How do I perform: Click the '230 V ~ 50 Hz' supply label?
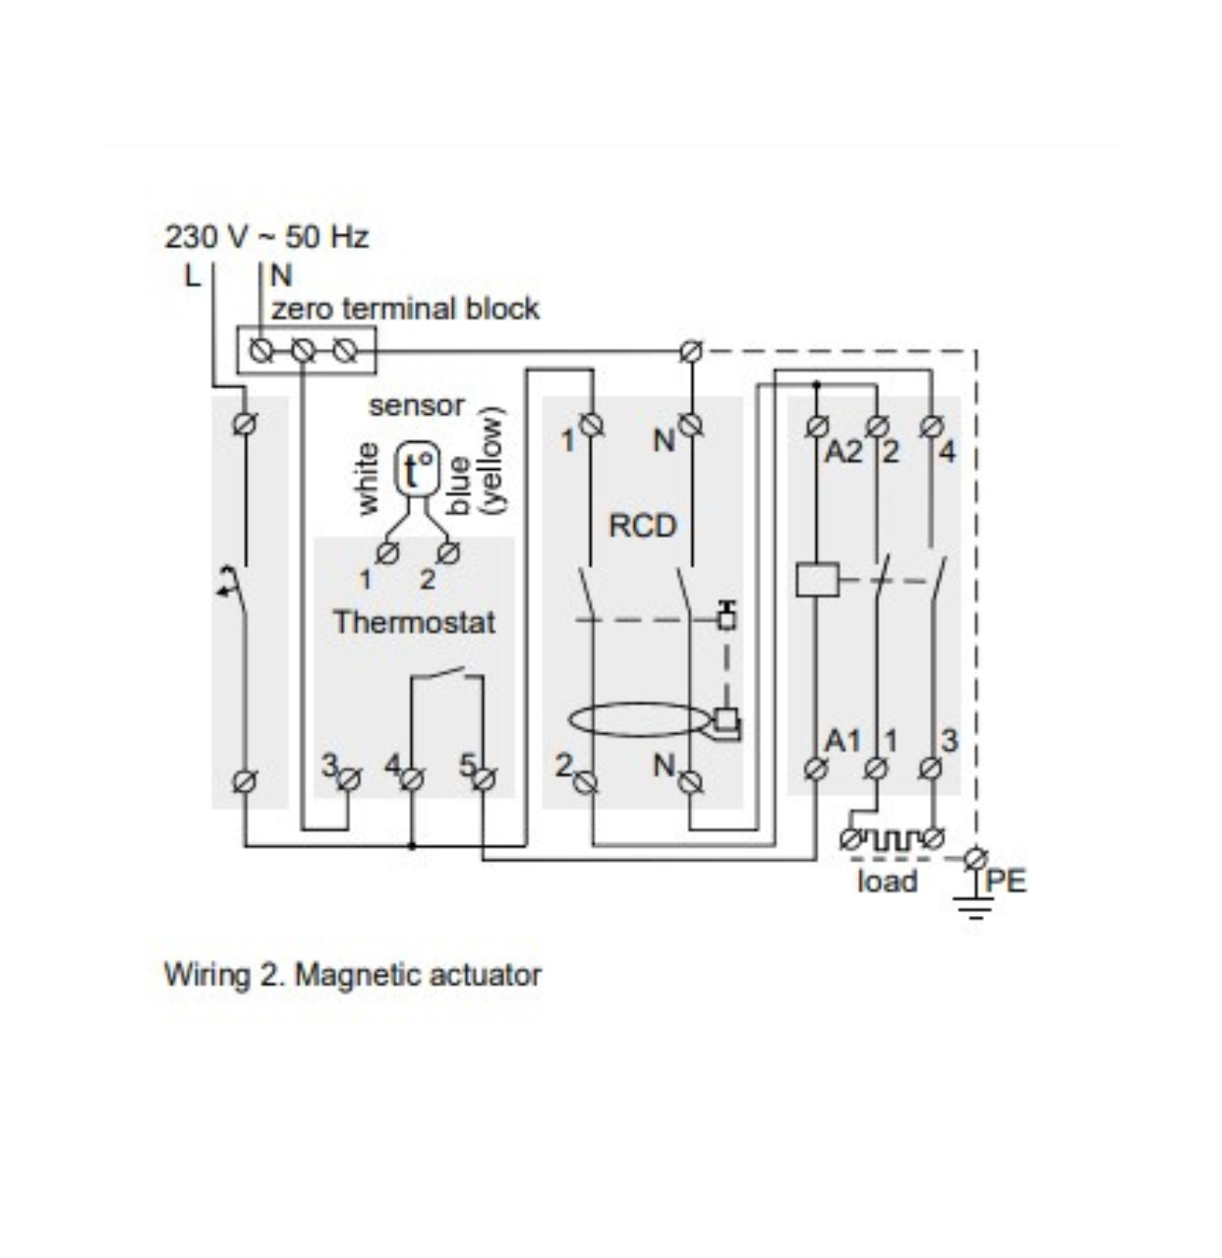pos(266,237)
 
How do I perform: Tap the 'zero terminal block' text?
pos(405,309)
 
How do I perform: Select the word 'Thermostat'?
pos(414,622)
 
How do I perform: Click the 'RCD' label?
pos(643,526)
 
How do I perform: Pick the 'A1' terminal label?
pos(843,740)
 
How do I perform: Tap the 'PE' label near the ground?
pos(1006,880)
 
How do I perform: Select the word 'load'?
pos(887,881)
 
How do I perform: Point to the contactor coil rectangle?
pos(817,579)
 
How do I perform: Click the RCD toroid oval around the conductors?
pos(639,719)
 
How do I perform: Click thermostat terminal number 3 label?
pos(330,765)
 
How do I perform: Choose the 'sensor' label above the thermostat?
pos(417,405)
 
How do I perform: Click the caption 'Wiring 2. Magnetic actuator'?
pos(352,975)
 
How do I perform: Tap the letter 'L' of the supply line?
pos(192,275)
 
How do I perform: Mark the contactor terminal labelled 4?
pos(947,452)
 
